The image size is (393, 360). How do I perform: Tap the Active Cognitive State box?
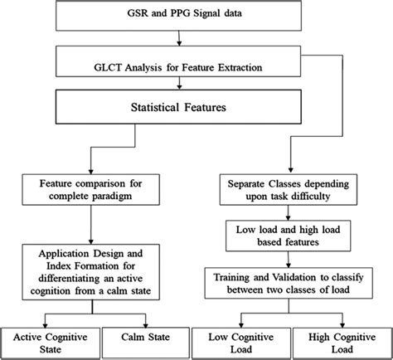tap(52, 343)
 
